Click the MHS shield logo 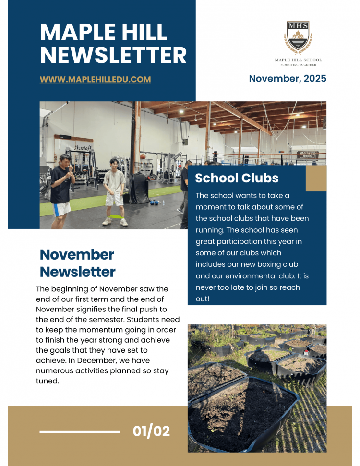(298, 37)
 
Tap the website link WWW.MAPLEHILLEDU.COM (95, 79)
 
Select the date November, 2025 (288, 78)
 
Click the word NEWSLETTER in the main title (113, 56)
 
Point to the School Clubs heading (237, 178)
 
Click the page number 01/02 (151, 431)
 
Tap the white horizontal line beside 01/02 (79, 432)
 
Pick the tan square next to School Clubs (316, 178)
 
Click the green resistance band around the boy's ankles (115, 217)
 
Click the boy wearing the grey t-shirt (115, 187)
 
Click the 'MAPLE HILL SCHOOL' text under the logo (298, 60)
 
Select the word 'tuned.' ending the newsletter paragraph (47, 382)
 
